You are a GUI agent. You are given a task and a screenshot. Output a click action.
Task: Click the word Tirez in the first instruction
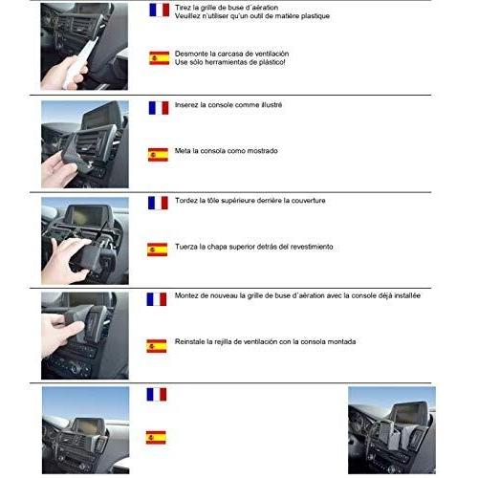click(x=183, y=8)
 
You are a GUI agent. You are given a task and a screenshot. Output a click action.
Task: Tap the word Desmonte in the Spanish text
click(x=189, y=54)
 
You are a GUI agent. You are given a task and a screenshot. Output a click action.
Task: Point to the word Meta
click(x=183, y=151)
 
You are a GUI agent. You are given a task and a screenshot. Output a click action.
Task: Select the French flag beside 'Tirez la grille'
click(x=160, y=11)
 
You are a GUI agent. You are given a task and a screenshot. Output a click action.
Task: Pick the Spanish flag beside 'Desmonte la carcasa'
click(x=159, y=58)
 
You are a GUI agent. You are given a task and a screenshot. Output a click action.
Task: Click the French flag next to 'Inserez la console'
click(x=159, y=108)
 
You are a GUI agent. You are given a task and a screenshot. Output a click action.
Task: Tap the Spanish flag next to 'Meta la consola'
click(x=158, y=155)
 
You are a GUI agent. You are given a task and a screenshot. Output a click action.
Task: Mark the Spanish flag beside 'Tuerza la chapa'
click(x=158, y=250)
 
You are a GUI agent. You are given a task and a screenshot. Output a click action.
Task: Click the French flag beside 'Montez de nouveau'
click(x=157, y=299)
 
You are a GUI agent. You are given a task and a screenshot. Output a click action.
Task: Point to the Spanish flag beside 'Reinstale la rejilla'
click(x=157, y=346)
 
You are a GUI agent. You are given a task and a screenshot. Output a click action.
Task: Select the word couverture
click(x=309, y=201)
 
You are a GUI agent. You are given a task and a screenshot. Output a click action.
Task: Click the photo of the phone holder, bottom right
click(x=392, y=430)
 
